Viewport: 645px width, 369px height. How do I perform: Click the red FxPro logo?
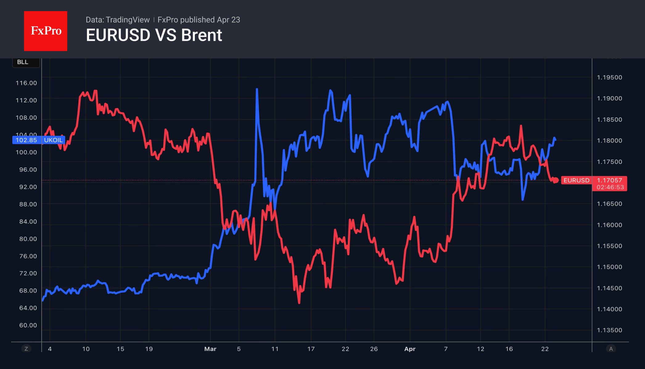tap(46, 31)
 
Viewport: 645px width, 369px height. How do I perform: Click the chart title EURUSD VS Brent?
tap(154, 35)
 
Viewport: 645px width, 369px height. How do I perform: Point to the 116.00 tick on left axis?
tap(26, 83)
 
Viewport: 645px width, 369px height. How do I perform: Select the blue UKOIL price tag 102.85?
tap(26, 140)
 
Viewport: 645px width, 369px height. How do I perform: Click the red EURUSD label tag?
tap(576, 180)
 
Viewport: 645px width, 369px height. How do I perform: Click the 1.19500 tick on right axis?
tap(610, 77)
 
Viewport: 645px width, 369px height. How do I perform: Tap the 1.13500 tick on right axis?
tap(610, 330)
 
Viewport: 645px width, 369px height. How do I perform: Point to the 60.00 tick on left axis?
tap(28, 325)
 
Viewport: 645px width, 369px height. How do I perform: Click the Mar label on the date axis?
tap(210, 349)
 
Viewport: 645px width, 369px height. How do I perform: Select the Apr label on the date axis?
tap(410, 349)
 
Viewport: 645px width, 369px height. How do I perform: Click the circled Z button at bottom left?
tap(26, 349)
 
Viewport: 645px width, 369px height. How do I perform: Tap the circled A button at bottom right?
tap(611, 349)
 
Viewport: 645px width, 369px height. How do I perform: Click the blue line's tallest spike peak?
tap(257, 89)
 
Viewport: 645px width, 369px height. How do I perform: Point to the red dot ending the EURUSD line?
tap(556, 180)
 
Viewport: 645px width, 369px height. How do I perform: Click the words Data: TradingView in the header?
tap(117, 20)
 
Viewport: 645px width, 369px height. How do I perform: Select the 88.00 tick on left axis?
tap(28, 204)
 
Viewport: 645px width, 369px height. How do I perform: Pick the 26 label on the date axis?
tap(374, 349)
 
